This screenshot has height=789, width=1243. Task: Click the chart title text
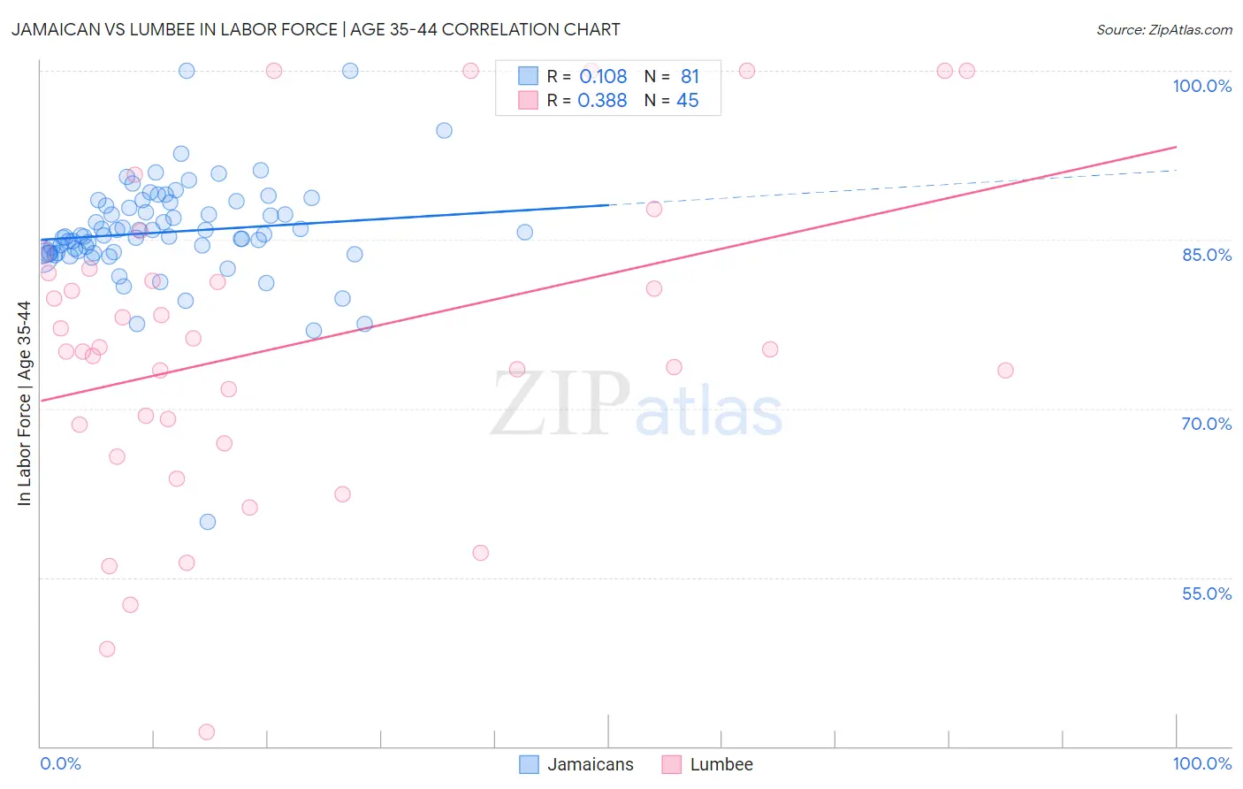[x=316, y=29]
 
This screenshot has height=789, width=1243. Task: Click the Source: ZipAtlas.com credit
[x=1163, y=29]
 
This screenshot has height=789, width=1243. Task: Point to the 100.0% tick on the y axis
[x=1201, y=86]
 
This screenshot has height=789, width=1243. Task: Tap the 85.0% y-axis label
[x=1207, y=255]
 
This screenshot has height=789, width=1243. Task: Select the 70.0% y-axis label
[x=1207, y=424]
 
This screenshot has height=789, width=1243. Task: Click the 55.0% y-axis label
[x=1207, y=594]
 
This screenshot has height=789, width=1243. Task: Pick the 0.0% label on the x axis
[x=60, y=763]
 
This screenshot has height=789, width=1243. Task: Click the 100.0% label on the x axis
[x=1201, y=763]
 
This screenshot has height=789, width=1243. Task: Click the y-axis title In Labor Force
[x=24, y=403]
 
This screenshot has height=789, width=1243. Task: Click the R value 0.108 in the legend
[x=603, y=77]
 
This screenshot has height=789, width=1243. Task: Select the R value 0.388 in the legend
[x=602, y=101]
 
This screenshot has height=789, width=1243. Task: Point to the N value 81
[x=690, y=77]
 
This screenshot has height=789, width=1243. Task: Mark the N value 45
[x=687, y=101]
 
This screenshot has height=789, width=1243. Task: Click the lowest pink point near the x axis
[x=207, y=732]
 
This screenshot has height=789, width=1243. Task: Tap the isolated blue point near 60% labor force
[x=208, y=522]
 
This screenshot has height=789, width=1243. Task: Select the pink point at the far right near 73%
[x=1005, y=371]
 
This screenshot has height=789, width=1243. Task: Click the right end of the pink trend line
[x=1176, y=147]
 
